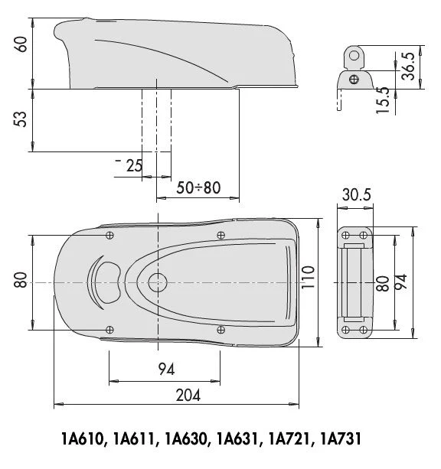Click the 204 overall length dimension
[188, 395]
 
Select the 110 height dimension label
[308, 277]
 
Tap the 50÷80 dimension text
[198, 187]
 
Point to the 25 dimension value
[134, 165]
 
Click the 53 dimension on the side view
[21, 119]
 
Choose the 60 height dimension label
[21, 44]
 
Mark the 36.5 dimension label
[408, 66]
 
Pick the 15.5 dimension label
[382, 100]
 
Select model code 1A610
[82, 439]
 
